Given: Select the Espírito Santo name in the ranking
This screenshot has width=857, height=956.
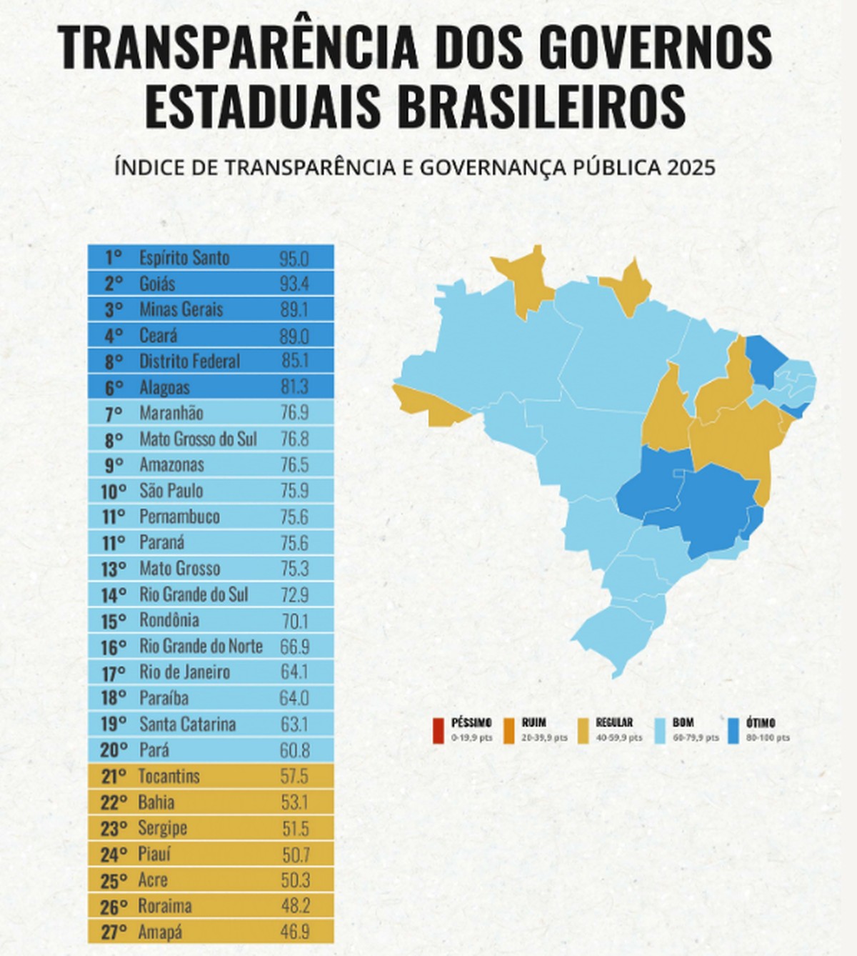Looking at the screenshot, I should [184, 258].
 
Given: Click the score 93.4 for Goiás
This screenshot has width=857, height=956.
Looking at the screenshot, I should [294, 284].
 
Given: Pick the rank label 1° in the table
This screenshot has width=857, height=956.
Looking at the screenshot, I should [114, 258].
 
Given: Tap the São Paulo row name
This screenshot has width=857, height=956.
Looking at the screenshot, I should [171, 491].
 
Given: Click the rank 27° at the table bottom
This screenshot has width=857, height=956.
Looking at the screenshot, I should [114, 932].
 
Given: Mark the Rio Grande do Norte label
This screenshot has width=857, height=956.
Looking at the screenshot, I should [201, 647].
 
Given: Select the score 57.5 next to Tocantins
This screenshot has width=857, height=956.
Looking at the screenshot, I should [294, 777].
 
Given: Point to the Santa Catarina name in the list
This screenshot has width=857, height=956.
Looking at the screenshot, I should [187, 724].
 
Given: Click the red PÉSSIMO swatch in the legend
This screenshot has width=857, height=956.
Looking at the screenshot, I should [436, 730].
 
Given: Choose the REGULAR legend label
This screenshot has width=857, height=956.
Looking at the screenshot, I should [613, 723].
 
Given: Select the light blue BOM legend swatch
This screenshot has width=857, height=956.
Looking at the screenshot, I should [657, 730].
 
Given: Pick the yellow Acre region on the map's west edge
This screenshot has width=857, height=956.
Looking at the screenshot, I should [425, 404].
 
